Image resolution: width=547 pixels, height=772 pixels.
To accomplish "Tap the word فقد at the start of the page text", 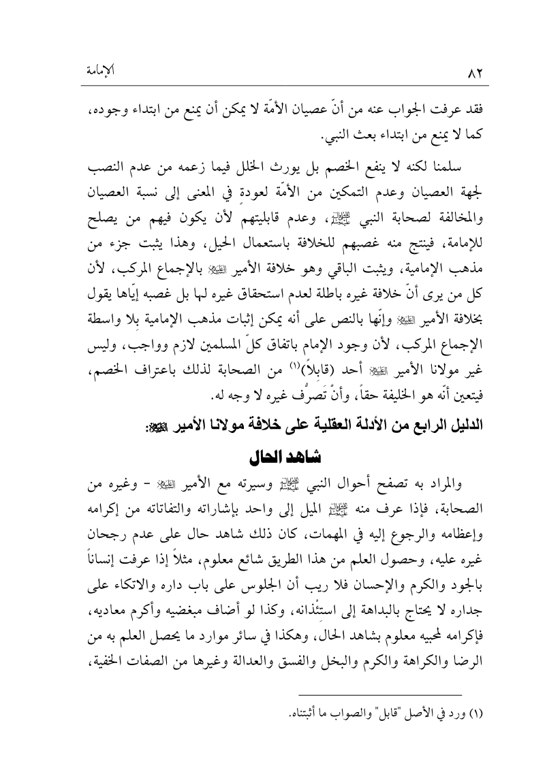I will pyautogui.click(x=471, y=101).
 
